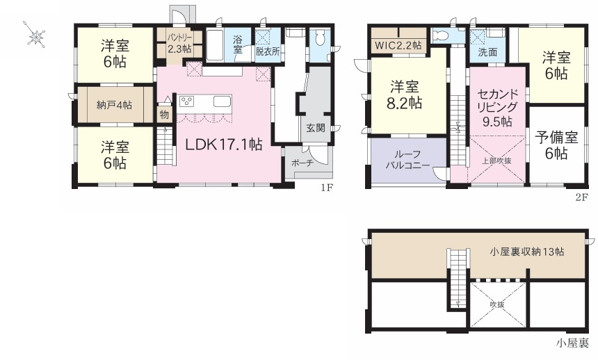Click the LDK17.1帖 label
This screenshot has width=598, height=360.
pyautogui.click(x=223, y=145)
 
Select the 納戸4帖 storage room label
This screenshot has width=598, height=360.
pyautogui.click(x=114, y=106)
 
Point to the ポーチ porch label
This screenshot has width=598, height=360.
pyautogui.click(x=302, y=163)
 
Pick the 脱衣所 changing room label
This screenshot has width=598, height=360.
pyautogui.click(x=267, y=51)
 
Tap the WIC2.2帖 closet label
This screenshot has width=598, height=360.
pyautogui.click(x=398, y=44)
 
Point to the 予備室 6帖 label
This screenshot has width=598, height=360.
pyautogui.click(x=556, y=145)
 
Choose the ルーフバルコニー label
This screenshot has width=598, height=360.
pyautogui.click(x=407, y=161)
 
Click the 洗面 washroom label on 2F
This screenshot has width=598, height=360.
pyautogui.click(x=487, y=52)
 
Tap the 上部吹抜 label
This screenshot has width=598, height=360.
pyautogui.click(x=497, y=161)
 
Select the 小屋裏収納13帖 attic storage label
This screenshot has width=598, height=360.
pyautogui.click(x=526, y=252)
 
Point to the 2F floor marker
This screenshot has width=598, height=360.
pyautogui.click(x=581, y=196)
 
